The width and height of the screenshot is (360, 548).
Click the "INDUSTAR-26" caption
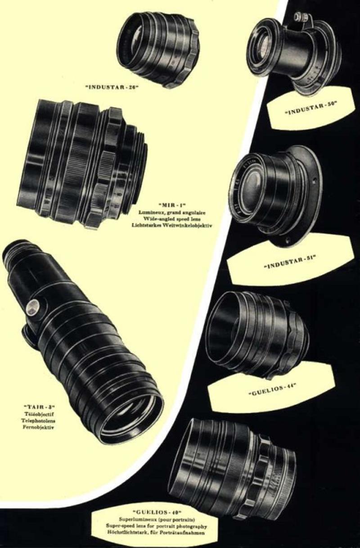[x=112, y=87]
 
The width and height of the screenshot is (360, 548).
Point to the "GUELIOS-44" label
[x=272, y=389]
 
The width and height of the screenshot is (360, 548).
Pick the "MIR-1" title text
[x=171, y=204]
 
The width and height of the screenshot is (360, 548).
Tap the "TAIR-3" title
[x=39, y=407]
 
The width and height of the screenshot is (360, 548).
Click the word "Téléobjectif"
[x=39, y=414]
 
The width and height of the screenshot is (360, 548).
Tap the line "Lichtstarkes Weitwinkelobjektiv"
[x=171, y=225]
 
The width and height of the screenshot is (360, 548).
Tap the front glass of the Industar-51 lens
[x=254, y=185]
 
